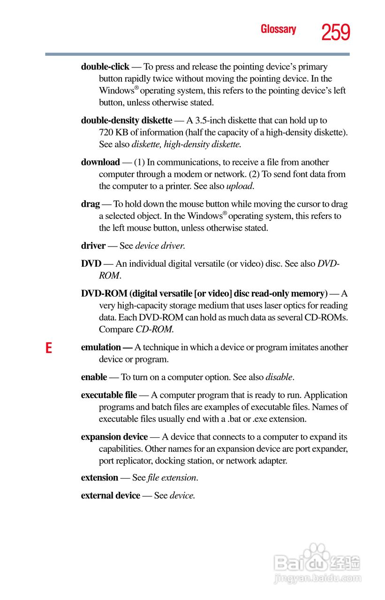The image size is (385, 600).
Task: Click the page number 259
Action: click(x=336, y=32)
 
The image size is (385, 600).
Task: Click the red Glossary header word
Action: click(x=278, y=30)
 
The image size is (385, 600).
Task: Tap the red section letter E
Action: click(x=48, y=348)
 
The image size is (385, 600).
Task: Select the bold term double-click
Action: click(x=105, y=67)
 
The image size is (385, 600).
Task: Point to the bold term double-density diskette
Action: click(x=127, y=120)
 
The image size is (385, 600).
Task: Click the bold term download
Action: click(x=100, y=162)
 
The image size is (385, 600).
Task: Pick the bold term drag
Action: click(x=91, y=204)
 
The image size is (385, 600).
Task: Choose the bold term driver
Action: click(x=93, y=246)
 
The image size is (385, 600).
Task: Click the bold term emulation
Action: click(x=101, y=347)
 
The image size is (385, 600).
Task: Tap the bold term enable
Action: click(x=94, y=377)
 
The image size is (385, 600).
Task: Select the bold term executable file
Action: click(x=109, y=395)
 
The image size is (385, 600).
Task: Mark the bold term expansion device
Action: click(x=114, y=437)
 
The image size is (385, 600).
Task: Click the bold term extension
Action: click(x=99, y=478)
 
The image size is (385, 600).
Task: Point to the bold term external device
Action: click(x=111, y=495)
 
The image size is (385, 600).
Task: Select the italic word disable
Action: click(x=279, y=377)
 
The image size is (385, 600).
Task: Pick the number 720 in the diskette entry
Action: click(x=106, y=132)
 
